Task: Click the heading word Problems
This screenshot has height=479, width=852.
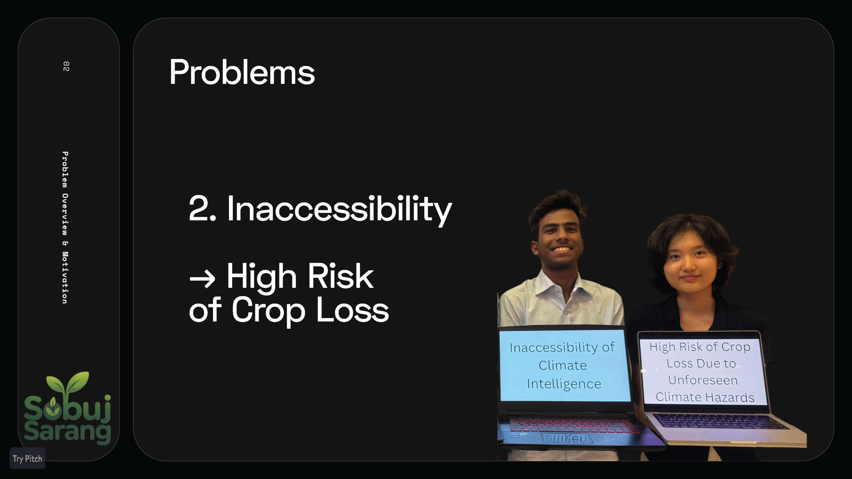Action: click(242, 73)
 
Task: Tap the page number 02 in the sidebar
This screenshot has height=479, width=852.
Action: click(66, 66)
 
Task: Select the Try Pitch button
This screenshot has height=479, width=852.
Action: click(27, 459)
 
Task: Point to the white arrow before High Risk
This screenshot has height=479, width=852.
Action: click(202, 278)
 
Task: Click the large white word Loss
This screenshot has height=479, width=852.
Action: click(352, 310)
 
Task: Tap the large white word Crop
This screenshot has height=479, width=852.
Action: click(268, 312)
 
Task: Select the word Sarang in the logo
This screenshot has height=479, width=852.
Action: click(67, 431)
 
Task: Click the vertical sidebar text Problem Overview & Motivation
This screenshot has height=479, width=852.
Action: click(65, 228)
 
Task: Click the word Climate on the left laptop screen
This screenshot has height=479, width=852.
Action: click(562, 366)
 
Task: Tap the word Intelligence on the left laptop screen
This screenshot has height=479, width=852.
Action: click(564, 384)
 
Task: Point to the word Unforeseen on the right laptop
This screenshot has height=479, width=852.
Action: click(703, 380)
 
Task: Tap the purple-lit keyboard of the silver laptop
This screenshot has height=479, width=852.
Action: click(719, 421)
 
